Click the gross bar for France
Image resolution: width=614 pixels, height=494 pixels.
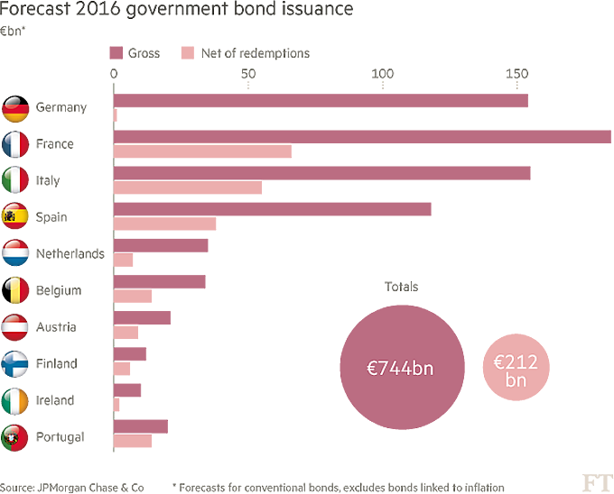pyautogui.click(x=361, y=137)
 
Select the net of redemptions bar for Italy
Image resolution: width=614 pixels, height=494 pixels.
pyautogui.click(x=187, y=188)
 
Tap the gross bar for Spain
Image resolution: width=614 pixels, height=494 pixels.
pyautogui.click(x=272, y=209)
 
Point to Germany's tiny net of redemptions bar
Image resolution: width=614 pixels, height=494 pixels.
pyautogui.click(x=115, y=114)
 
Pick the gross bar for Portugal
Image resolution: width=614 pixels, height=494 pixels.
pyautogui.click(x=140, y=426)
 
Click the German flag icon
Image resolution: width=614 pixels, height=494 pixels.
pyautogui.click(x=16, y=107)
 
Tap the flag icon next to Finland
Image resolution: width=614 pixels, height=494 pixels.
pyautogui.click(x=16, y=363)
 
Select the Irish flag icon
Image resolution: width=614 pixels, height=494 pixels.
pyautogui.click(x=16, y=400)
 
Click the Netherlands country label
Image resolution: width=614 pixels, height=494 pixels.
pyautogui.click(x=70, y=254)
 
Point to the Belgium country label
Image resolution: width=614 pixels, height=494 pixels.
pyautogui.click(x=60, y=290)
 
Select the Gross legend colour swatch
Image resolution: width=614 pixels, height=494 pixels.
pyautogui.click(x=116, y=53)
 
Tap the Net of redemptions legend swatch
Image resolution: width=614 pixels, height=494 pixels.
pyautogui.click(x=188, y=53)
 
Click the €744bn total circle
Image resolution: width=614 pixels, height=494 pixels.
pyautogui.click(x=399, y=369)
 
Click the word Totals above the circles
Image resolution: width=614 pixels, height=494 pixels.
pyautogui.click(x=401, y=287)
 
